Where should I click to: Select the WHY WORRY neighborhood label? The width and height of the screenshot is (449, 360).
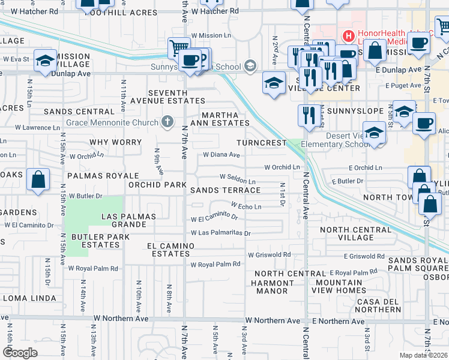pyautogui.click(x=115, y=143)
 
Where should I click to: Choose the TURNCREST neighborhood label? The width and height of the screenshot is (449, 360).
pyautogui.click(x=261, y=143)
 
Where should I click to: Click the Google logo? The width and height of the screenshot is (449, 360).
pyautogui.click(x=20, y=352)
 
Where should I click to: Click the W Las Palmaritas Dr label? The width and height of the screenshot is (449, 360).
pyautogui.click(x=220, y=233)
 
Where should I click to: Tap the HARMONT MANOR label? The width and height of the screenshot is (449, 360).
pyautogui.click(x=270, y=287)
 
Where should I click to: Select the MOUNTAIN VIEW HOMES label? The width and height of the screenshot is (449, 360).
pyautogui.click(x=340, y=287)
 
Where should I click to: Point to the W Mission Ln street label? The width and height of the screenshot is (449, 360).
pyautogui.click(x=211, y=35)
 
